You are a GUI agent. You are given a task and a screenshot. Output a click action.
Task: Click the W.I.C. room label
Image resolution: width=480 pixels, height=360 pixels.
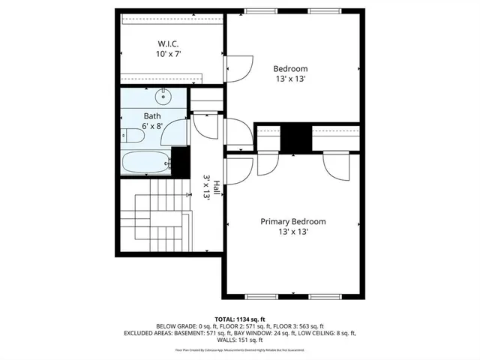pyautogui.click(x=166, y=43)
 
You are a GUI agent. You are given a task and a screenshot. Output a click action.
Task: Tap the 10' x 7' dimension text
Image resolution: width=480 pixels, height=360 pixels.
pyautogui.click(x=168, y=54)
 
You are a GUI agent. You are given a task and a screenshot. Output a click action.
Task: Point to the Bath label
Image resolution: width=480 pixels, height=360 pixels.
pyautogui.click(x=152, y=116)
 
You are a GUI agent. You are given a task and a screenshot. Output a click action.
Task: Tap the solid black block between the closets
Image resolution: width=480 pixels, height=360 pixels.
pyautogui.click(x=295, y=136)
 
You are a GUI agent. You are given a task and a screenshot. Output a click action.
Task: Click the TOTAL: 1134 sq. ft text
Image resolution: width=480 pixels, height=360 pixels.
pyautogui.click(x=239, y=318)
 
